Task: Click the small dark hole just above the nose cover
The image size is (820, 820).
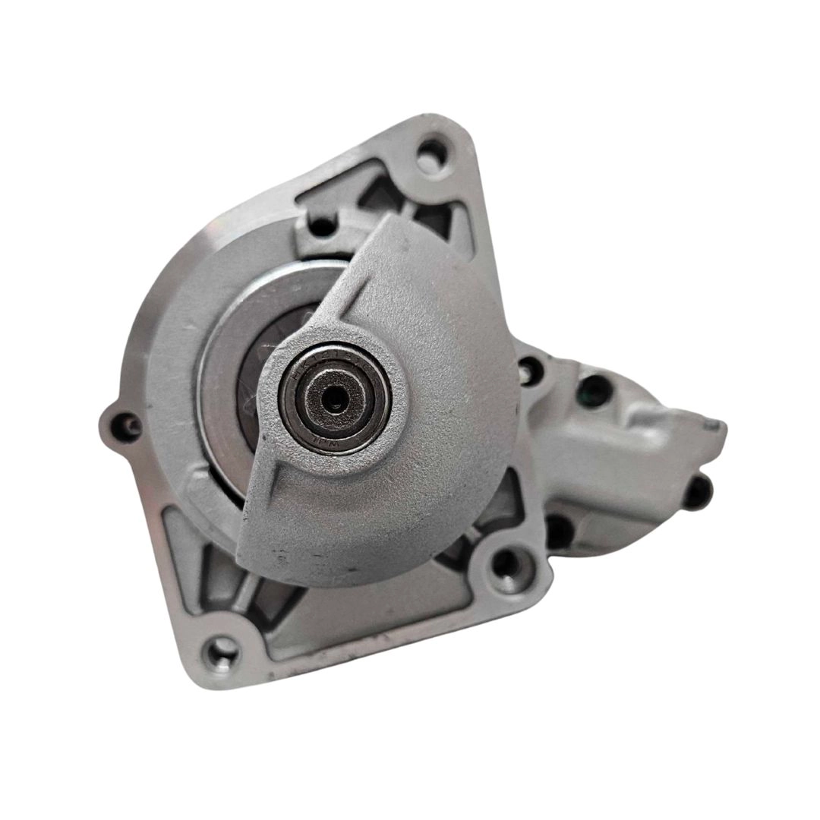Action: tap(323, 225)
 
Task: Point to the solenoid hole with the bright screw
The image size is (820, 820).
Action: tap(529, 370)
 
